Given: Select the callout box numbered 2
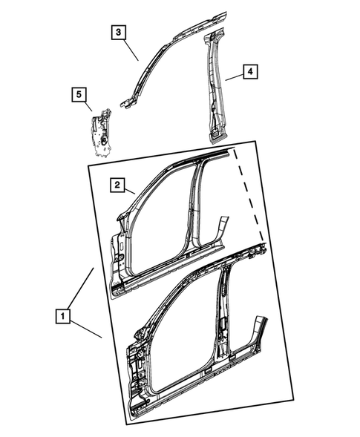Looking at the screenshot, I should tap(117, 185).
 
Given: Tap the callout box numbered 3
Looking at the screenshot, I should tap(119, 32).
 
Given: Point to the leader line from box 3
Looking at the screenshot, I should tap(131, 50).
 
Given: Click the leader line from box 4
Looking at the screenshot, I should tap(233, 76).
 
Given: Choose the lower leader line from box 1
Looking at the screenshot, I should tap(85, 327).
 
